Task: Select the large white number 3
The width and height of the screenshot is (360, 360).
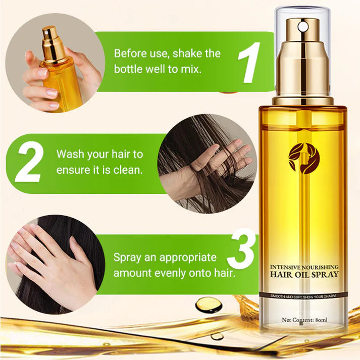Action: pos(243,251)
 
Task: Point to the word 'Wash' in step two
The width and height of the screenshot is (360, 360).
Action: pos(71,154)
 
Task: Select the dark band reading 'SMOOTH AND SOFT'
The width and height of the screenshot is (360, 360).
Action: pos(303,294)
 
